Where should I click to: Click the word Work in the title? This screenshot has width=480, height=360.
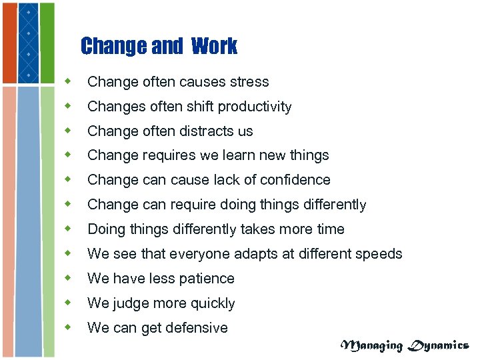tap(213, 46)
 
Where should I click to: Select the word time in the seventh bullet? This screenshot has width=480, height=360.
tap(330, 229)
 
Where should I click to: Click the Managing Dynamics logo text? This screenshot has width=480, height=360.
tap(405, 345)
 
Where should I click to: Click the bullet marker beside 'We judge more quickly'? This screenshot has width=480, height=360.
tap(67, 303)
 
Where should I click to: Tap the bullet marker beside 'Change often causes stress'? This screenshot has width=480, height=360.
tap(67, 81)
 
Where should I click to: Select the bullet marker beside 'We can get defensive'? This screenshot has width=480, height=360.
tap(67, 327)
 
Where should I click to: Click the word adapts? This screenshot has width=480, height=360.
tap(249, 254)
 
